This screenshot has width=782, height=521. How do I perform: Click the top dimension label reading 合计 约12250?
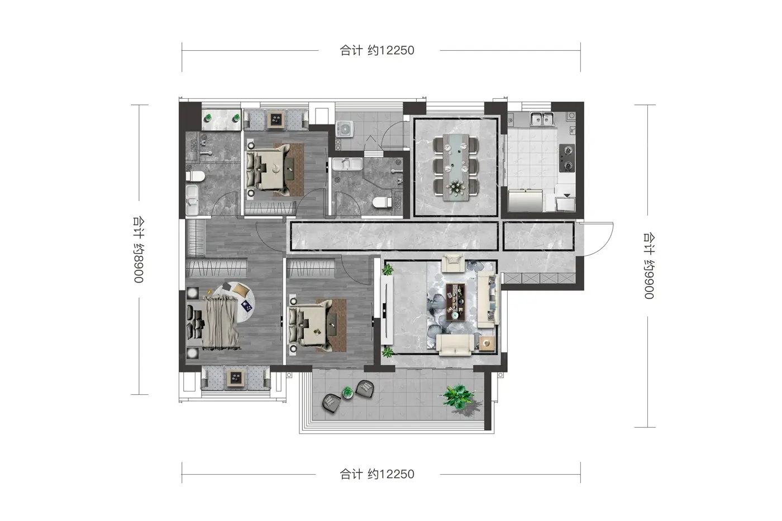click(x=377, y=51)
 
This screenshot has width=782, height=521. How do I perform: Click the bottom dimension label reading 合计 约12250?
click(x=377, y=474)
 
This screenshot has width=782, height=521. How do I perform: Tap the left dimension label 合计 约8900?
click(x=139, y=250)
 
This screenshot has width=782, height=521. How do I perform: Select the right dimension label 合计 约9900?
click(x=649, y=266)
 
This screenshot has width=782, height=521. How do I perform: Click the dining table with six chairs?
click(x=456, y=168)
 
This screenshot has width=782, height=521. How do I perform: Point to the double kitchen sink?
click(x=542, y=119)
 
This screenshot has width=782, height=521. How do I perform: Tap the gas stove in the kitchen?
click(x=567, y=158)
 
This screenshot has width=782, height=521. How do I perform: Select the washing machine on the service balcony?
click(x=345, y=129)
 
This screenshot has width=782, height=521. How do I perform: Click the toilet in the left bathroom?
click(x=195, y=176)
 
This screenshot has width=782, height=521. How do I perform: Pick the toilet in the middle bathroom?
click(x=382, y=202)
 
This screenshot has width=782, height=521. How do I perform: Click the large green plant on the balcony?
click(x=459, y=396)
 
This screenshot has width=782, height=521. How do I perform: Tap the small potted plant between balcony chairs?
click(x=347, y=392)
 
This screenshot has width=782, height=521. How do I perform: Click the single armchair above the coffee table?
click(x=453, y=263)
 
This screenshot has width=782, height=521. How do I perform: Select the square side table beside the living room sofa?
click(x=487, y=343)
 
